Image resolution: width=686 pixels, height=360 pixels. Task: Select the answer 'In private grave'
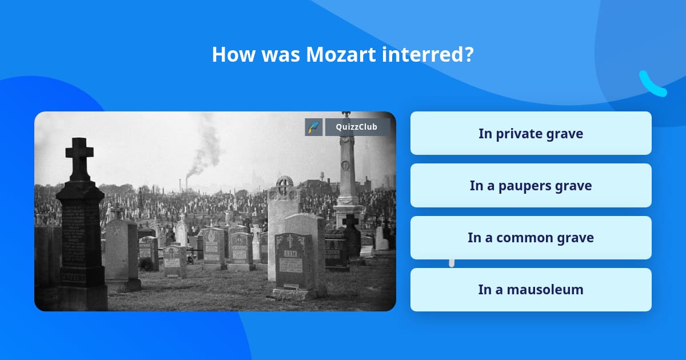tap(531, 134)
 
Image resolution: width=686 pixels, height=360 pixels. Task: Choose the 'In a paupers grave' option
tap(531, 186)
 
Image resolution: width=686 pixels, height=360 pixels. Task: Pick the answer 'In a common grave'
tap(531, 238)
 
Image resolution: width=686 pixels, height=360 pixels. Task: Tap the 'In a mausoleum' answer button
tap(531, 290)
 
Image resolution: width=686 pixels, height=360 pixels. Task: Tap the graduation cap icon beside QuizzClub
tap(313, 127)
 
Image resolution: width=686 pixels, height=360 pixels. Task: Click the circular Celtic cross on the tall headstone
tap(284, 185)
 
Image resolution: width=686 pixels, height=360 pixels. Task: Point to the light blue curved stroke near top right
tap(652, 85)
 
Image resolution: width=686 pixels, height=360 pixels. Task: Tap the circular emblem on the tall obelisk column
tap(345, 166)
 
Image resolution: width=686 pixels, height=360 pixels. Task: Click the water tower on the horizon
tap(322, 177)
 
